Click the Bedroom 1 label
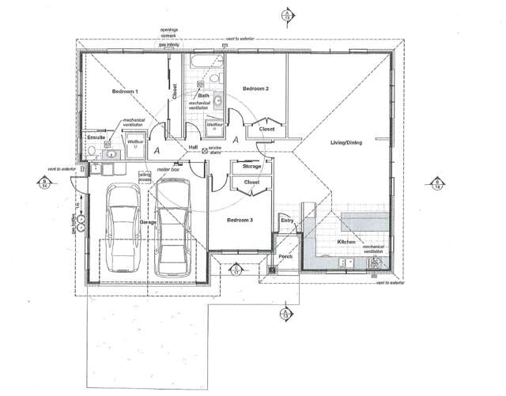125,92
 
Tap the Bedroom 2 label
255,89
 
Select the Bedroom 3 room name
239,220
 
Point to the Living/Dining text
346,142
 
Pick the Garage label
149,223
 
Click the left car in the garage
122,229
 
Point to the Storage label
251,167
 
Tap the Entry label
286,221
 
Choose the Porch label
285,256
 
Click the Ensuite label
96,138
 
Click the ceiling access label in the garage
145,176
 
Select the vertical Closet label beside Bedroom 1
176,92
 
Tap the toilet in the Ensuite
93,152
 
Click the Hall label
192,148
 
